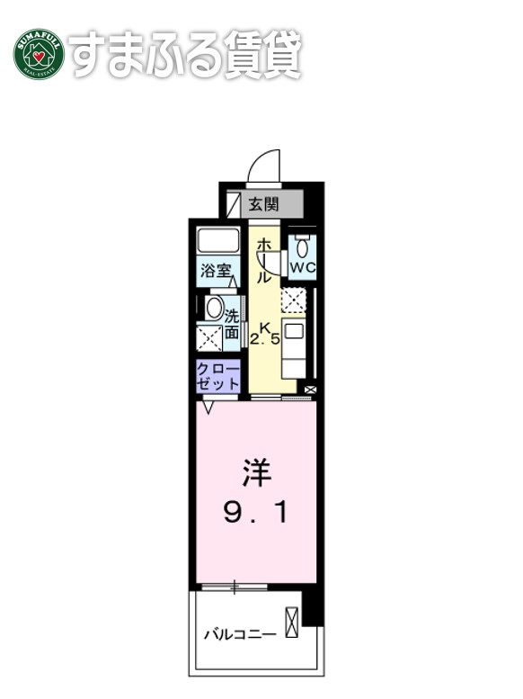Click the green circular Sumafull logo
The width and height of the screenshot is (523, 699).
point(39,54)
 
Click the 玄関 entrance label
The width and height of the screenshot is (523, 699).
point(263,203)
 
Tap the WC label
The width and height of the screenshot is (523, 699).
point(303,267)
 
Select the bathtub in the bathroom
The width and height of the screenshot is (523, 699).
point(218,240)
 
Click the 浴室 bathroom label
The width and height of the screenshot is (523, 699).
point(216,268)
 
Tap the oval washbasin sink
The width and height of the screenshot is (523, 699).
point(214,308)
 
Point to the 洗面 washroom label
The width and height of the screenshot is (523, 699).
point(232,324)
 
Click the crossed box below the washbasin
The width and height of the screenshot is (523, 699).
point(210,338)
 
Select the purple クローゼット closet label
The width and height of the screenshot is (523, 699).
point(218,376)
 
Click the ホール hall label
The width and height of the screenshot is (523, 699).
point(264,261)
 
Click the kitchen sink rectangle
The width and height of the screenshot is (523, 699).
point(294,330)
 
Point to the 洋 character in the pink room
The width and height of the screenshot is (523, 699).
point(255,473)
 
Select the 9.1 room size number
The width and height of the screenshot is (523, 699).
point(255,513)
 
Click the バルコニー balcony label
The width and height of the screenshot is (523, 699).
point(238,634)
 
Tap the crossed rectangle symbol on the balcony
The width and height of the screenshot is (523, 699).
point(290,623)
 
